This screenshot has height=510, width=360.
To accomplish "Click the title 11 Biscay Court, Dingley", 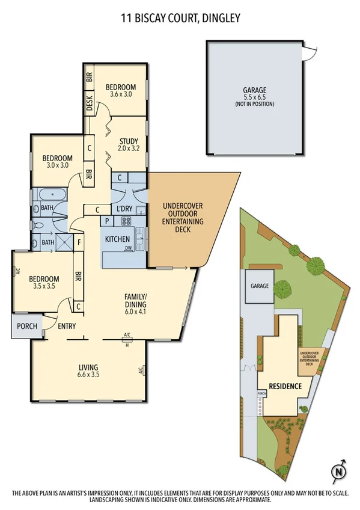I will click(x=180, y=19).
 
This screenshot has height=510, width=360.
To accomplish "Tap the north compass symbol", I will click(x=339, y=470).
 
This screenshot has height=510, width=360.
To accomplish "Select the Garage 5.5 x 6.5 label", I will click(x=255, y=97).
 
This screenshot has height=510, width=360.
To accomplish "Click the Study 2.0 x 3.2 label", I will click(x=128, y=144).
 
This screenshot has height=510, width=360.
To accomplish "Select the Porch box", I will click(x=26, y=327).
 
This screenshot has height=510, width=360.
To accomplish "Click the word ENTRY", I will click(x=66, y=327).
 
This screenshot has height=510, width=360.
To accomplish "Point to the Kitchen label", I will click(x=118, y=239).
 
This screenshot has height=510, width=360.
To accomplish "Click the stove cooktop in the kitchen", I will click(x=127, y=221).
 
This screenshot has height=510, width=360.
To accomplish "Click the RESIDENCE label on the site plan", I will click(x=285, y=386).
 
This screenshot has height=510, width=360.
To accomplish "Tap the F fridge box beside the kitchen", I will click(x=78, y=242).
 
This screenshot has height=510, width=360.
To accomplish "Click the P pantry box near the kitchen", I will click(x=107, y=221).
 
